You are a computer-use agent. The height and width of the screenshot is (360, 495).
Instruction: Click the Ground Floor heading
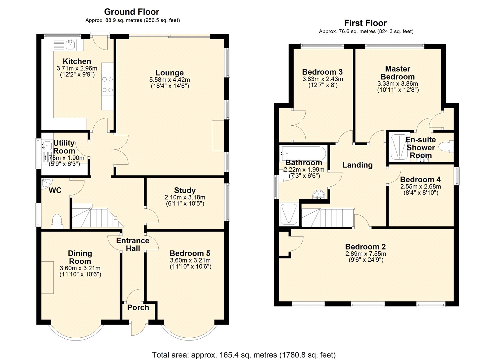point(131,12)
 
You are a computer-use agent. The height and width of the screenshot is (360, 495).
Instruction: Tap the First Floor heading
point(365,23)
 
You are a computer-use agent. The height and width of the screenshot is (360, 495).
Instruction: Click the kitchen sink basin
point(71,45)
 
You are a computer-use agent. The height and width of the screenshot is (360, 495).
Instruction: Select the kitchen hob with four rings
point(107,85)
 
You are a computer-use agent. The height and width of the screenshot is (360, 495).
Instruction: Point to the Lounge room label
point(170,72)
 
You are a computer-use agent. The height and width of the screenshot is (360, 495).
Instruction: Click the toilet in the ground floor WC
point(57,221)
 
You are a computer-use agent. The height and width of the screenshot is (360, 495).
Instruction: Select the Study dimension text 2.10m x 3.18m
point(185,197)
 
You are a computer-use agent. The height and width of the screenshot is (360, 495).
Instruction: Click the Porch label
point(138,307)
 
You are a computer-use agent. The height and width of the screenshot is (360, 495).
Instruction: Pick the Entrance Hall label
point(133,244)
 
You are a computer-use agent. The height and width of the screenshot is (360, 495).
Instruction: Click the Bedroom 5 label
point(190,253)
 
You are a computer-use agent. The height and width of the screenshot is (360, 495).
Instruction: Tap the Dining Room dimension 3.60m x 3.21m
point(80,268)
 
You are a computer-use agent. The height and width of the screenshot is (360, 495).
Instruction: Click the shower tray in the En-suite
point(399,147)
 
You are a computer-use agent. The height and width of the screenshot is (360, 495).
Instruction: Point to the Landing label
point(358,165)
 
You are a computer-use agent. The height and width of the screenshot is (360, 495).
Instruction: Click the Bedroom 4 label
point(420,179)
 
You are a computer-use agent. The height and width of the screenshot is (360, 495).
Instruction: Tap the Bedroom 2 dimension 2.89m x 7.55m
point(366,254)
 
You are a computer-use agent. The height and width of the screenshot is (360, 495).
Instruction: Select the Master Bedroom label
point(398,73)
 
